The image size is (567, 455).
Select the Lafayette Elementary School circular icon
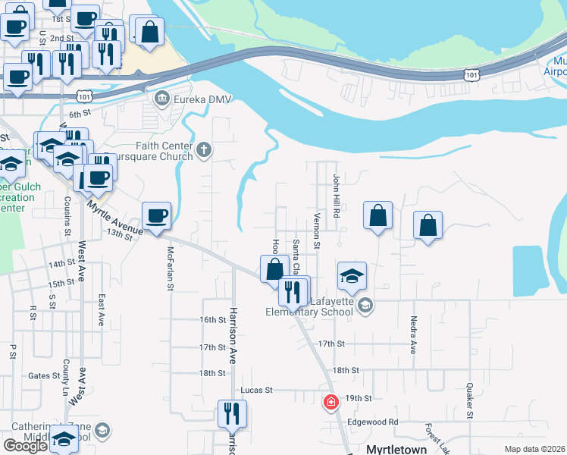click(x=365, y=306)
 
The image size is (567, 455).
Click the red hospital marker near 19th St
click(x=330, y=402)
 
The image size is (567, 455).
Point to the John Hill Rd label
click(x=337, y=193)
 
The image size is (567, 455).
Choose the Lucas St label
click(x=256, y=390)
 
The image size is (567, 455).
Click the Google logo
click(x=24, y=446)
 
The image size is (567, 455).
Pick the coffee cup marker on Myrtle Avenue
click(x=157, y=216)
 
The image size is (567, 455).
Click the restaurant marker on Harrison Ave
click(x=232, y=413)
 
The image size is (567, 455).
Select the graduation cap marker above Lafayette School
click(x=352, y=276)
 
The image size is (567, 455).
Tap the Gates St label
click(x=44, y=375)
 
